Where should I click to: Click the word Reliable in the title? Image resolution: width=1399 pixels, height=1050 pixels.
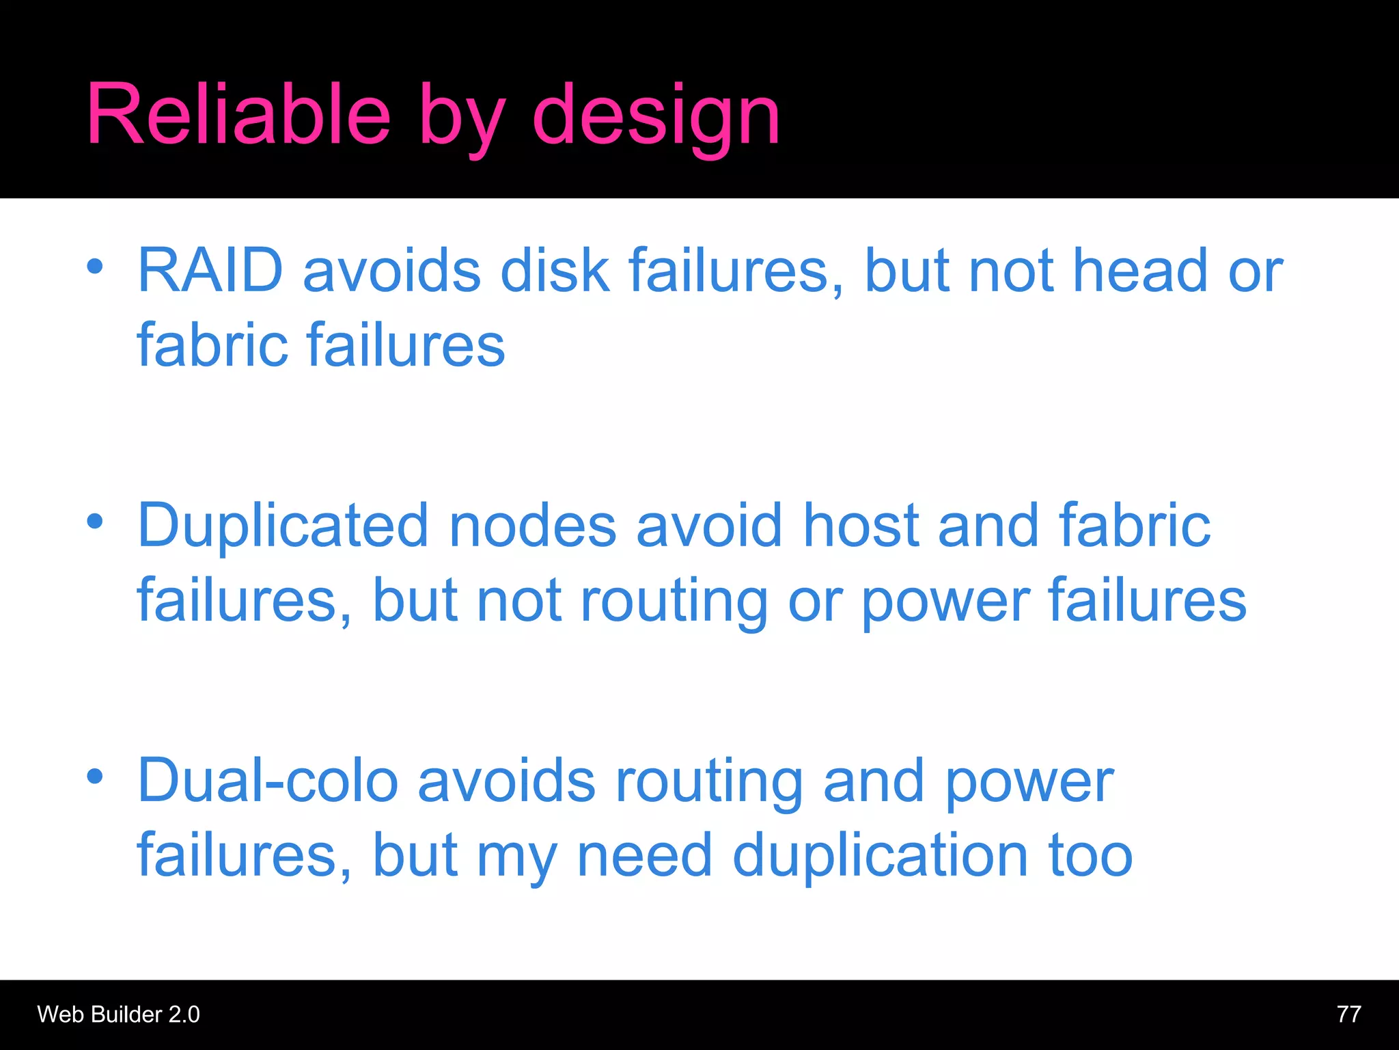click(x=238, y=114)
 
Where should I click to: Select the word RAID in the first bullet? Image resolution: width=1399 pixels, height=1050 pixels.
click(x=210, y=270)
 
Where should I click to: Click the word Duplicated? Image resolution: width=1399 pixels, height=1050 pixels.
click(x=283, y=525)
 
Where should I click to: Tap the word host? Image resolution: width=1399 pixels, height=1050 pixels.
click(x=860, y=525)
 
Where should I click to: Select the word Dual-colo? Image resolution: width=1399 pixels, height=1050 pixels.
click(x=268, y=781)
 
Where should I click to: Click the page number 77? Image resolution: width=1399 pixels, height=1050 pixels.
click(x=1348, y=1014)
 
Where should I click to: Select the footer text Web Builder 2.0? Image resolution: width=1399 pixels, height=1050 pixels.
click(x=118, y=1014)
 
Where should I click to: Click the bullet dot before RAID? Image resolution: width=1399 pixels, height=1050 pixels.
click(x=95, y=266)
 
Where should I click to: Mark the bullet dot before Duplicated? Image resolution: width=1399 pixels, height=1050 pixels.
click(x=95, y=522)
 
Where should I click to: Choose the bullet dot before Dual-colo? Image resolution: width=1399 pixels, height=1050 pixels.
click(x=95, y=777)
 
